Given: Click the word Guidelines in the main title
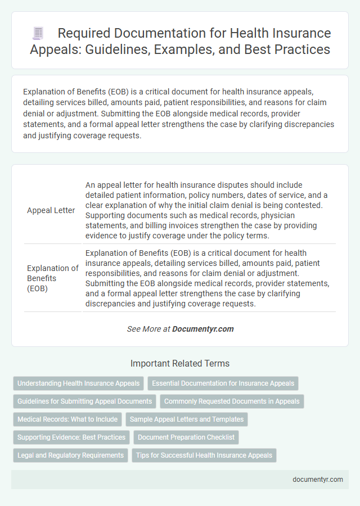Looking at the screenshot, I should pyautogui.click(x=156, y=49).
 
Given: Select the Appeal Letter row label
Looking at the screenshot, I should pyautogui.click(x=51, y=210).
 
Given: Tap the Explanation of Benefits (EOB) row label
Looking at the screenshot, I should pyautogui.click(x=52, y=278).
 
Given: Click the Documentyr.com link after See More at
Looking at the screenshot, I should pyautogui.click(x=203, y=329).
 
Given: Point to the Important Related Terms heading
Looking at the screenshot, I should pyautogui.click(x=180, y=363).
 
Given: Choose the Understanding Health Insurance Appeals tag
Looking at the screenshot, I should pyautogui.click(x=79, y=383).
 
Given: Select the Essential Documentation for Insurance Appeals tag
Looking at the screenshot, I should pyautogui.click(x=223, y=383).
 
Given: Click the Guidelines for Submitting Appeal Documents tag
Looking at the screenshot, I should pyautogui.click(x=84, y=401).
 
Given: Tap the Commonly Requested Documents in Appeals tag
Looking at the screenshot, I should pyautogui.click(x=232, y=401).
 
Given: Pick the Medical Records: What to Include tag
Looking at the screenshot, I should pyautogui.click(x=67, y=419).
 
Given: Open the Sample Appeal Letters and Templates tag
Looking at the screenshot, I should pyautogui.click(x=186, y=419).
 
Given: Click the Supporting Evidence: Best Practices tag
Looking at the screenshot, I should pyautogui.click(x=71, y=437).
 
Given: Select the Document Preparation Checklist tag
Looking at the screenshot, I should pyautogui.click(x=186, y=437).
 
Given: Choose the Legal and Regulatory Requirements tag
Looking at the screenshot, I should pyautogui.click(x=70, y=455).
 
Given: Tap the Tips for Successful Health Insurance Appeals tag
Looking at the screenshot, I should pyautogui.click(x=204, y=455).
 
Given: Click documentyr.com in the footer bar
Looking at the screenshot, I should pyautogui.click(x=318, y=480).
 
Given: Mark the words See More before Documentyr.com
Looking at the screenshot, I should pyautogui.click(x=144, y=329).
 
